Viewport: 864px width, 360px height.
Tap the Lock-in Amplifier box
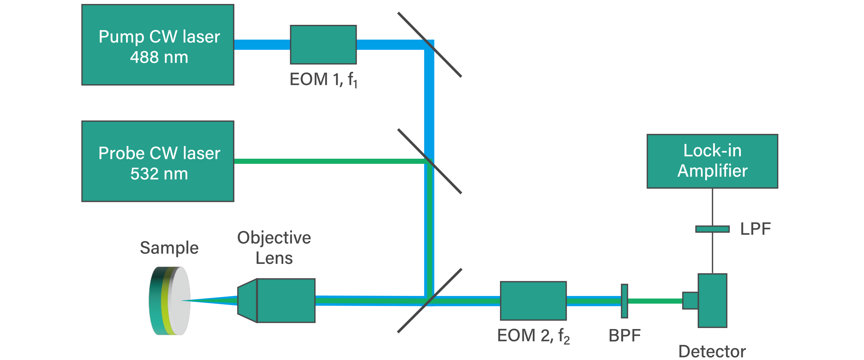point(712,161)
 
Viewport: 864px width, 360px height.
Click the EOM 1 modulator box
point(323,45)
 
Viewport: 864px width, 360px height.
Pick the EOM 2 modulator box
point(533,301)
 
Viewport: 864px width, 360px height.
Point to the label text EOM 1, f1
point(323,80)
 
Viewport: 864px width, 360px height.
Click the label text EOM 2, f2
point(533,336)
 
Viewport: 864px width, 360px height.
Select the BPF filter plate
point(624,301)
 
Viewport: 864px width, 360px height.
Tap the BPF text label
point(624,336)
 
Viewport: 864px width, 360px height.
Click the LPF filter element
point(712,229)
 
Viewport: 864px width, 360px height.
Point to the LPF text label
point(755,229)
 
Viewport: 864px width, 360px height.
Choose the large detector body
point(712,301)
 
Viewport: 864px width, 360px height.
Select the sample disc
point(170,301)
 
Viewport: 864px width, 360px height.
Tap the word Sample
point(169,248)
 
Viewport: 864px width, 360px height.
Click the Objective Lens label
point(274,248)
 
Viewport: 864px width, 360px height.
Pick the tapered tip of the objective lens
point(247,301)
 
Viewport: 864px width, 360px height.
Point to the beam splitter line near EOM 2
point(414,317)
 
